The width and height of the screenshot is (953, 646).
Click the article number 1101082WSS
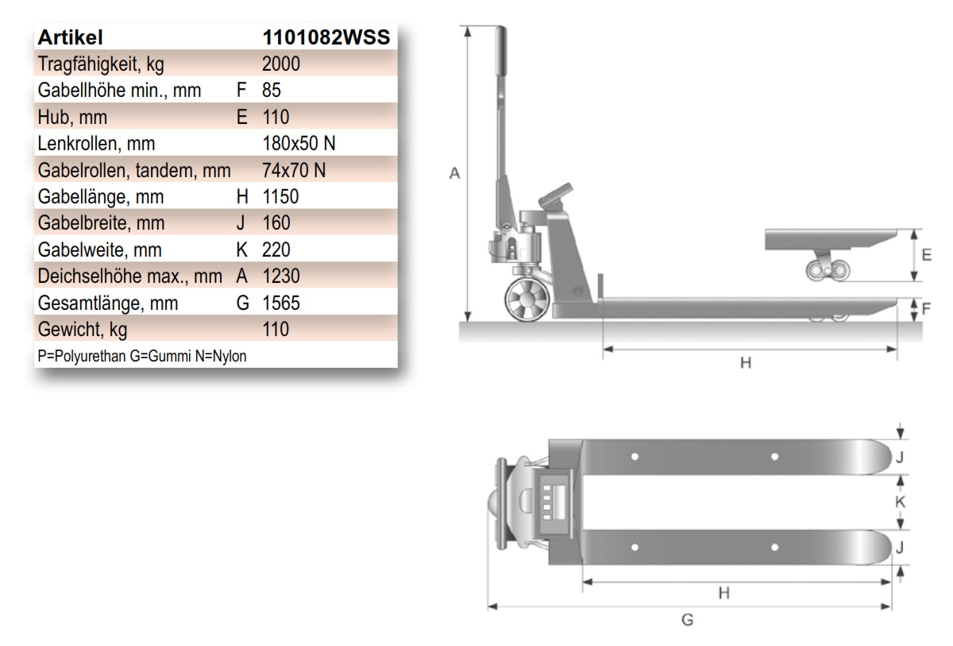pos(326,37)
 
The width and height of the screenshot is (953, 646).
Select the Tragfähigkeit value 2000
pos(281,64)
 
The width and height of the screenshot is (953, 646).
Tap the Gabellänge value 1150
pos(281,196)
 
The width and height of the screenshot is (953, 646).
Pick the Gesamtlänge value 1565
pos(281,303)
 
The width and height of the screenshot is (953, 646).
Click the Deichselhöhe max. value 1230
pos(281,277)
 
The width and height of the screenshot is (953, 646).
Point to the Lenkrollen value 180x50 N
pos(299,143)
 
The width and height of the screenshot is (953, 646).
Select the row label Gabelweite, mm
pos(100,250)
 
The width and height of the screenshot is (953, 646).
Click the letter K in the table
pos(241,250)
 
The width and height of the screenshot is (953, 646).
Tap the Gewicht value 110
pos(276,330)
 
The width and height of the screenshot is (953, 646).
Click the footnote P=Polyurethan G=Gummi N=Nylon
pos(142,356)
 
